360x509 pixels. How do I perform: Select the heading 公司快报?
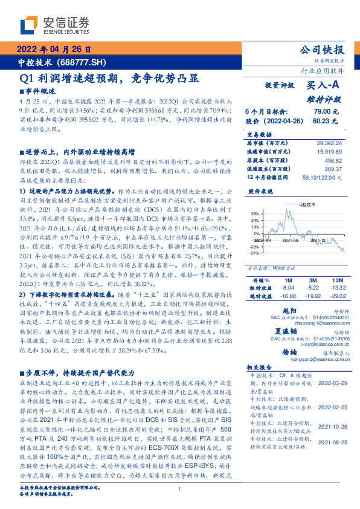point(323,50)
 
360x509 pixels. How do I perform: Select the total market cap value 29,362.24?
point(327,143)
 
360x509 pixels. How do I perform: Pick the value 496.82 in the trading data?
point(333,161)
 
